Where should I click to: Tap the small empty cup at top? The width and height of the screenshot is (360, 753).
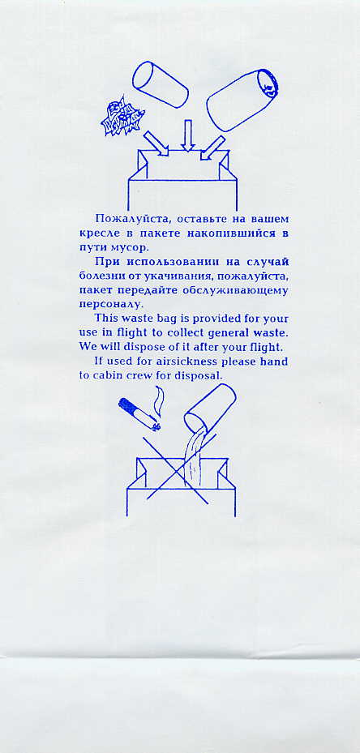[160, 84]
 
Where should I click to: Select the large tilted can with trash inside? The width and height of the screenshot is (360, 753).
[242, 100]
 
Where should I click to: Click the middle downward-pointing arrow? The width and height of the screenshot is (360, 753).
[187, 135]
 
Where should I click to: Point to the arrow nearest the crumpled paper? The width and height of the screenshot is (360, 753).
[156, 143]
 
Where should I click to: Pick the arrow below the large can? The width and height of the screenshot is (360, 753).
[213, 147]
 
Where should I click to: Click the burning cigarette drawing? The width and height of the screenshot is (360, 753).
[139, 413]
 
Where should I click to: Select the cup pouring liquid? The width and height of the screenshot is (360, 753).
[210, 409]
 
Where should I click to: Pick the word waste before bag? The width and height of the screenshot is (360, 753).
[138, 319]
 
